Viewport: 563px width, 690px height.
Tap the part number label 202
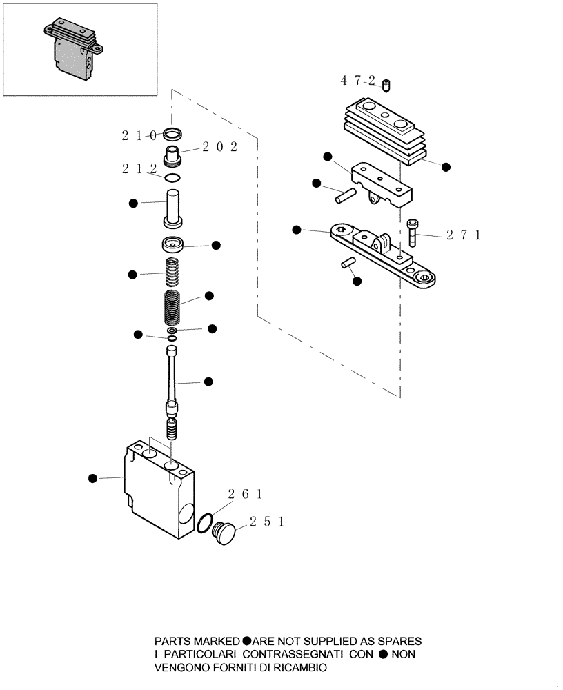point(219,147)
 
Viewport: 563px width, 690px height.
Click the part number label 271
point(462,235)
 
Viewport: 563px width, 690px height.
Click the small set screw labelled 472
point(386,86)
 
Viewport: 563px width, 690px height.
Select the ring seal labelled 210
point(173,134)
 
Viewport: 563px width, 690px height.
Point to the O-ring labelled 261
point(204,523)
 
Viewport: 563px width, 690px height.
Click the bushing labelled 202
point(172,156)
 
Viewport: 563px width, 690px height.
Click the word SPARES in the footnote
point(397,640)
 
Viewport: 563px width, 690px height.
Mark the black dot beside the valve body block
point(92,477)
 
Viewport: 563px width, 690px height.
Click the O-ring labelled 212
point(173,178)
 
